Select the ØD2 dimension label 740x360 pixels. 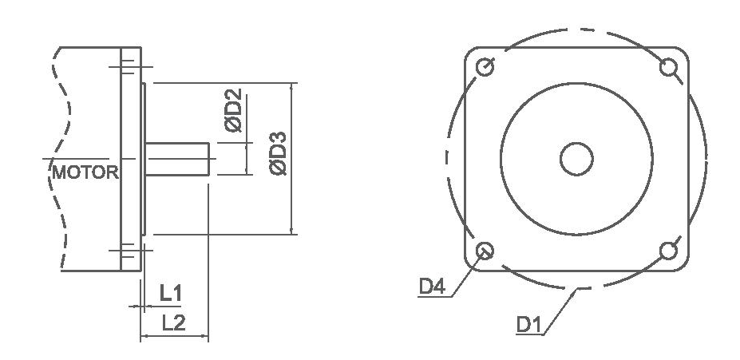pos(234,115)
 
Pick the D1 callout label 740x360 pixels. pos(528,325)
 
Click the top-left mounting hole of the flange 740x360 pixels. pos(484,68)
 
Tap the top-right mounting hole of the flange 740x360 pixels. pos(669,68)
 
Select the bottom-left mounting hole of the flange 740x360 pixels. pos(484,252)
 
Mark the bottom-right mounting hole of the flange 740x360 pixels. pos(669,252)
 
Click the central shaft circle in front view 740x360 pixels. pos(576,160)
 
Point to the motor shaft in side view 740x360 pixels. pos(177,158)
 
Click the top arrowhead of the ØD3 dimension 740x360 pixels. pos(293,86)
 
